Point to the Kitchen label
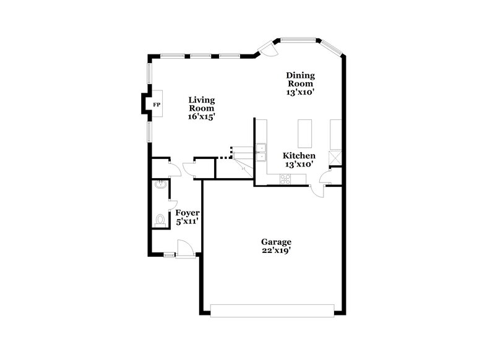299,156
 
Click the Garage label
276,242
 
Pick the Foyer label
187,213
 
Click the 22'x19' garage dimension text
276,251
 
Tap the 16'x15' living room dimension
202,116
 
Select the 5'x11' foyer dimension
187,221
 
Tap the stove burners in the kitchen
285,179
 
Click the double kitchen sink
262,152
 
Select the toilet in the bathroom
160,220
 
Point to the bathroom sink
160,184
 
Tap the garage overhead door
273,311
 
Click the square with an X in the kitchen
335,158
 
